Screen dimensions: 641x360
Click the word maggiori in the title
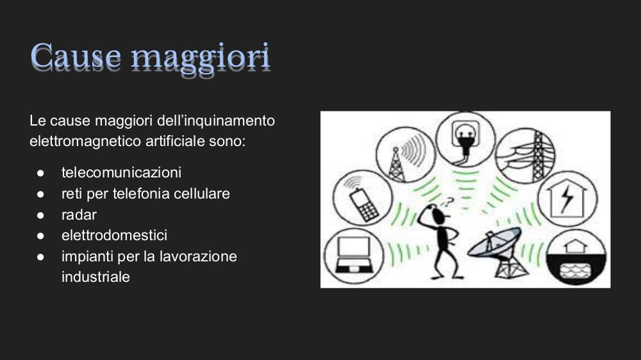(x=200, y=59)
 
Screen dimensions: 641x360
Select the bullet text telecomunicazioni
(x=121, y=172)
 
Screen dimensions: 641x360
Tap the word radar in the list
(x=79, y=215)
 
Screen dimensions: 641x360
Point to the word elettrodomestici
(x=115, y=235)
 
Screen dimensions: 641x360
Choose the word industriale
(x=96, y=277)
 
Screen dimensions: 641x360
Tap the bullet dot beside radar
(x=40, y=215)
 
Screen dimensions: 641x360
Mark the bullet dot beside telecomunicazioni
(x=40, y=173)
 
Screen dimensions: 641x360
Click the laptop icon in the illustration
(x=354, y=256)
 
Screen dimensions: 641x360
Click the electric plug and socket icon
(x=465, y=140)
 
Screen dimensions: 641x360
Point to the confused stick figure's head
(x=437, y=214)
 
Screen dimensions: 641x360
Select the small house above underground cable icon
(x=576, y=247)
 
